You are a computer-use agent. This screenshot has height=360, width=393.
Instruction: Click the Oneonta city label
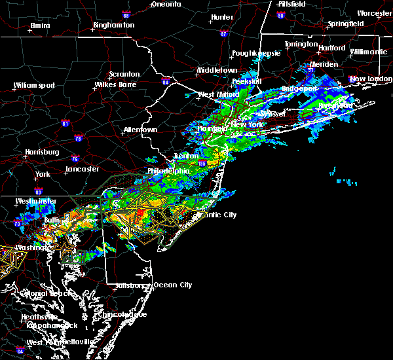tap(166, 4)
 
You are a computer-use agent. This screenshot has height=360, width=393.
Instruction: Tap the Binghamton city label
tap(113, 25)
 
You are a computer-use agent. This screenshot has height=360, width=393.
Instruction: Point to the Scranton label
tap(124, 75)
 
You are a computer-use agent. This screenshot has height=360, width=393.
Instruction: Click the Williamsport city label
tap(34, 85)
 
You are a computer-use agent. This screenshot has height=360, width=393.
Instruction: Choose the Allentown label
tap(140, 130)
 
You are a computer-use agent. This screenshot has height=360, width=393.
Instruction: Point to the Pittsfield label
tap(290, 4)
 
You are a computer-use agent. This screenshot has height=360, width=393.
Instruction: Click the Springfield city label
tap(346, 24)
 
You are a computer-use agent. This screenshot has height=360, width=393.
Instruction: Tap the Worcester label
tap(374, 13)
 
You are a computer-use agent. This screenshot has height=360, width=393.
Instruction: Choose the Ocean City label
tap(173, 285)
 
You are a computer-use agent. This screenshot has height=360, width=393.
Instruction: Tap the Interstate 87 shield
tap(224, 33)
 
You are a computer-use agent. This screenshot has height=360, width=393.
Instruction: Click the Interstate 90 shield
tap(280, 15)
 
